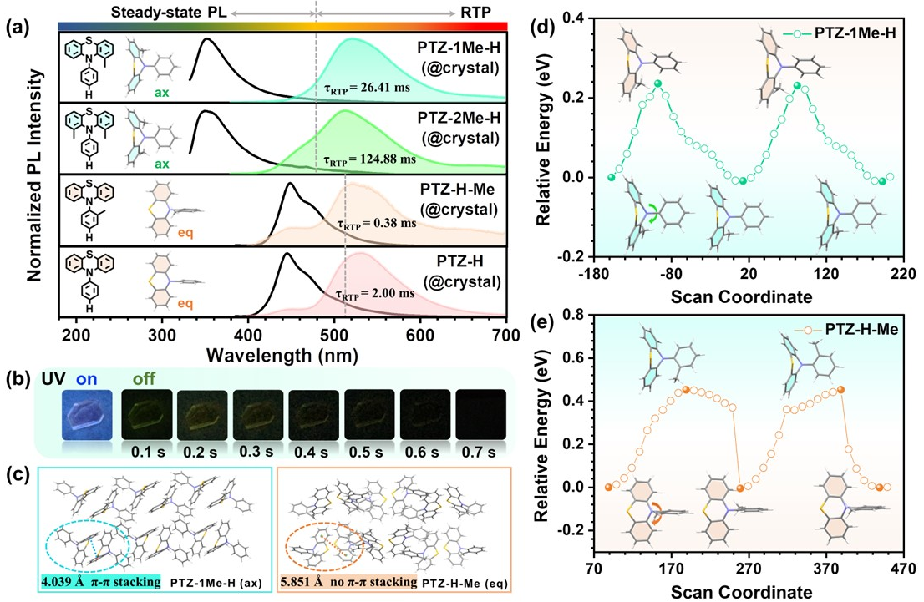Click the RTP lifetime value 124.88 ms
[368, 159]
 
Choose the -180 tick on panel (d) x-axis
[595, 273]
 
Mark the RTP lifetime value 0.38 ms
[376, 224]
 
